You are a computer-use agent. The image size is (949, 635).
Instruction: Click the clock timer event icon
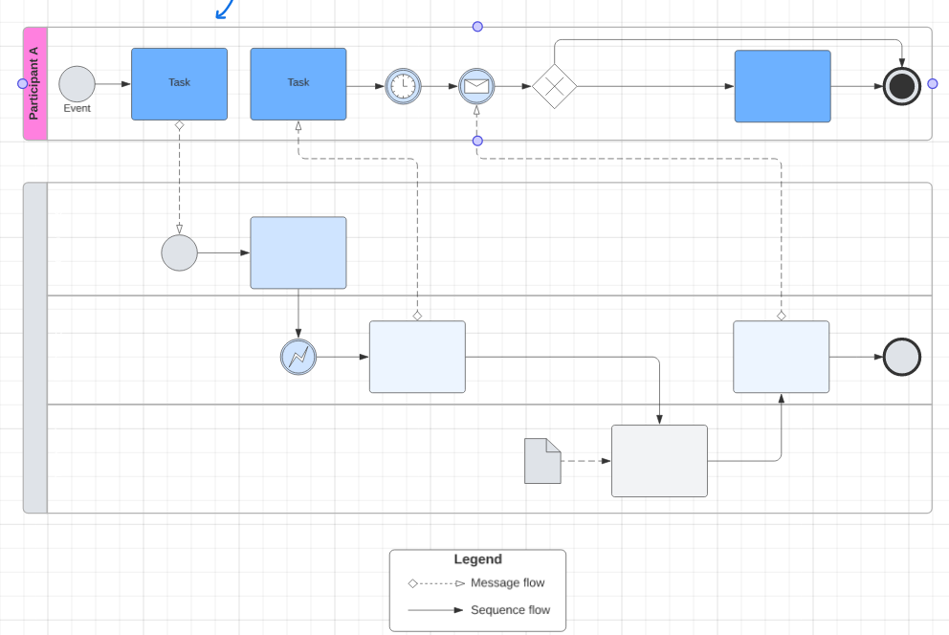(403, 86)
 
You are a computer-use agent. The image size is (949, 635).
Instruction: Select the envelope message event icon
(476, 86)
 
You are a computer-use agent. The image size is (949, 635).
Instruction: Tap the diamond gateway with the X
(555, 86)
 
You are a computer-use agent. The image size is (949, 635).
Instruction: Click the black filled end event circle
(902, 86)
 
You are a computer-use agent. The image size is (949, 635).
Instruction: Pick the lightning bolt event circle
(298, 357)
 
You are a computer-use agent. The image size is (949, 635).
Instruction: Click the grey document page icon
(542, 461)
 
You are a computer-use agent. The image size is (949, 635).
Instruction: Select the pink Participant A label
(35, 83)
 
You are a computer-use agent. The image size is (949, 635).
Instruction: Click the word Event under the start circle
(77, 108)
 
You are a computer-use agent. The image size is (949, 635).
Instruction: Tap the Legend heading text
(478, 559)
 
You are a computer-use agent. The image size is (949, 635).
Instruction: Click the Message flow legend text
(508, 583)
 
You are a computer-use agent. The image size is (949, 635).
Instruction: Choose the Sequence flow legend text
(511, 610)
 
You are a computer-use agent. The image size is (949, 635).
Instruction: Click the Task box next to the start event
(179, 84)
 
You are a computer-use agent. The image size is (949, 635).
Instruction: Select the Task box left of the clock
(298, 84)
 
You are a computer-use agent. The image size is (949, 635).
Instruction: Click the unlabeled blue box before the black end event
(783, 86)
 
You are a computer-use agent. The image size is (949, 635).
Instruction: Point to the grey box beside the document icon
(660, 461)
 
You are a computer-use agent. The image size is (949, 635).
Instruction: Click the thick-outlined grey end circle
(902, 357)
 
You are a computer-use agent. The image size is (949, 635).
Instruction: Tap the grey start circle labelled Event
(77, 84)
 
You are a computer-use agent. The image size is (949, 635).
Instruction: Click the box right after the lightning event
(418, 357)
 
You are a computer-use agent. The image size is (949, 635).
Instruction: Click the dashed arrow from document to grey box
(585, 461)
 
